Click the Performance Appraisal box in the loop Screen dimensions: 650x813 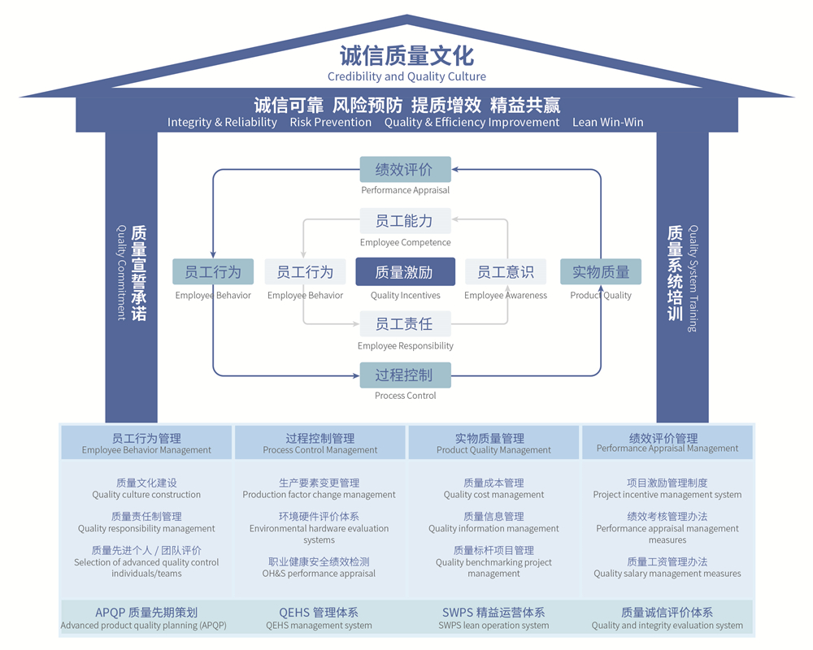pyautogui.click(x=405, y=170)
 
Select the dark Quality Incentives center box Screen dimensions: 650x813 pyautogui.click(x=405, y=272)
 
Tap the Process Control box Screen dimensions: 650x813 pyautogui.click(x=405, y=375)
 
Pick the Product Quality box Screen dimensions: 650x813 pyautogui.click(x=601, y=272)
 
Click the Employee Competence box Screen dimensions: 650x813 pyautogui.click(x=405, y=221)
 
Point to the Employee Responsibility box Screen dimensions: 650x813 pyautogui.click(x=405, y=324)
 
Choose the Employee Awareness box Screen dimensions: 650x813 pyautogui.click(x=506, y=272)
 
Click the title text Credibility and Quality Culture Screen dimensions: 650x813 pyautogui.click(x=406, y=76)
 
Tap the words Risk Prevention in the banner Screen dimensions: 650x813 pyautogui.click(x=330, y=122)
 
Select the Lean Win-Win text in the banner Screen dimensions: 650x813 pyautogui.click(x=607, y=122)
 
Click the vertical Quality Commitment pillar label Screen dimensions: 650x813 pyautogui.click(x=130, y=272)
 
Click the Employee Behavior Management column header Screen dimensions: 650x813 pyautogui.click(x=146, y=443)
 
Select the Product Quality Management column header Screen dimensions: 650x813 pyautogui.click(x=493, y=443)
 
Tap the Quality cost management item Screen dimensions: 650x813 pyautogui.click(x=493, y=488)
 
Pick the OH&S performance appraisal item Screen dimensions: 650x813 pyautogui.click(x=319, y=567)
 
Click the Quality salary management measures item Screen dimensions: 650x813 pyautogui.click(x=667, y=567)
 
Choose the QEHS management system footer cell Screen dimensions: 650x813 pyautogui.click(x=319, y=618)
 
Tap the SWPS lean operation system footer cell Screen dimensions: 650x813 pyautogui.click(x=493, y=618)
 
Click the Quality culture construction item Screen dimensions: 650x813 pyautogui.click(x=146, y=488)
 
